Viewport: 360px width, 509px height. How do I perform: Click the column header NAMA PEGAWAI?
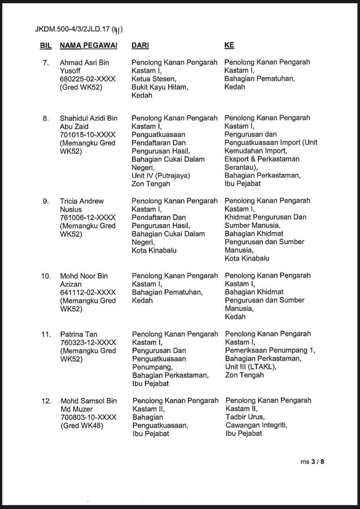pos(89,46)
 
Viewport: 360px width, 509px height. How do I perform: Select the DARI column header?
pos(140,46)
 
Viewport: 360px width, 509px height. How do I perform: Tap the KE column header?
pos(229,46)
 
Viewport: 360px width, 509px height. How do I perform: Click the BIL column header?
pos(46,46)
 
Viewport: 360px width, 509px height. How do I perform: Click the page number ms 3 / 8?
pos(312,462)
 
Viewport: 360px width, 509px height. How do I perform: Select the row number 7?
pos(46,62)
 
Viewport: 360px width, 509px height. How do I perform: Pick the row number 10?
pos(46,276)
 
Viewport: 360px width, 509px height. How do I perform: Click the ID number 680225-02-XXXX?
pos(88,79)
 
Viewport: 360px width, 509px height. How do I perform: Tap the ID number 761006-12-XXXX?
pos(88,218)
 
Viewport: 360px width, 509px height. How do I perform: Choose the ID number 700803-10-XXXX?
pos(88,418)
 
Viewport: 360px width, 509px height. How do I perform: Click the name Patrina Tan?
pos(79,334)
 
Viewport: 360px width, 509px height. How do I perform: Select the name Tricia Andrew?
pos(82,201)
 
